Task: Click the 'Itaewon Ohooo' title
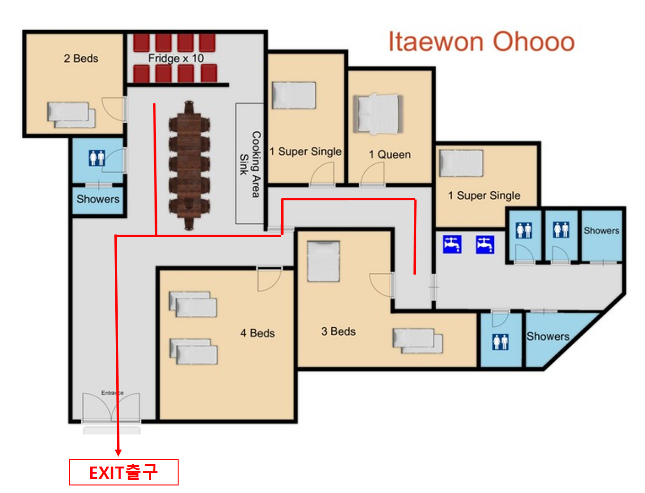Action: (x=482, y=42)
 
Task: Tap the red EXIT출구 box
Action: (x=124, y=472)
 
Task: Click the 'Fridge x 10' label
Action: (x=176, y=58)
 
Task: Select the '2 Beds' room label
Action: (x=81, y=58)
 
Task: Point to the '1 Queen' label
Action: (x=390, y=154)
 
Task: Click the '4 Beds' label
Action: (x=258, y=333)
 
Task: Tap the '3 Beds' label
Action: (x=338, y=331)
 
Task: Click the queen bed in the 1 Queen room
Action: (x=378, y=114)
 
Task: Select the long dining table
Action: (x=189, y=165)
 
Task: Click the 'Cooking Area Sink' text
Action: (x=250, y=164)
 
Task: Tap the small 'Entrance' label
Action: (x=112, y=392)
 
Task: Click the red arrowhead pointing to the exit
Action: (x=118, y=452)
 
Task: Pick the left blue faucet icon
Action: (x=452, y=244)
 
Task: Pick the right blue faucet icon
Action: (x=485, y=244)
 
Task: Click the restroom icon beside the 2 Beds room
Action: (x=97, y=158)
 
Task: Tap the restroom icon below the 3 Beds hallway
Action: (x=500, y=342)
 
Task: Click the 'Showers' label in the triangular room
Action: (x=548, y=336)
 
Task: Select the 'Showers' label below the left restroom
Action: (x=98, y=199)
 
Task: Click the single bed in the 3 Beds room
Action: (x=323, y=261)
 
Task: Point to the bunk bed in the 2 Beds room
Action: (x=71, y=115)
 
